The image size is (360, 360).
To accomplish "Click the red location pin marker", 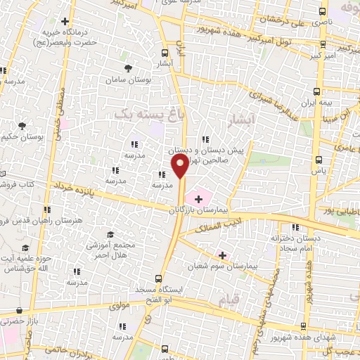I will click(x=181, y=167).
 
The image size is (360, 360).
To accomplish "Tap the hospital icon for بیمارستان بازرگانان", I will click(x=198, y=200).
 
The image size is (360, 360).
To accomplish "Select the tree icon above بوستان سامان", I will click(x=128, y=67).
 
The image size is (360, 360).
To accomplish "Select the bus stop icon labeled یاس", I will click(x=318, y=159).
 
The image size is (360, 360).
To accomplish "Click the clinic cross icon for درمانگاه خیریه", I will click(x=65, y=22).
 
